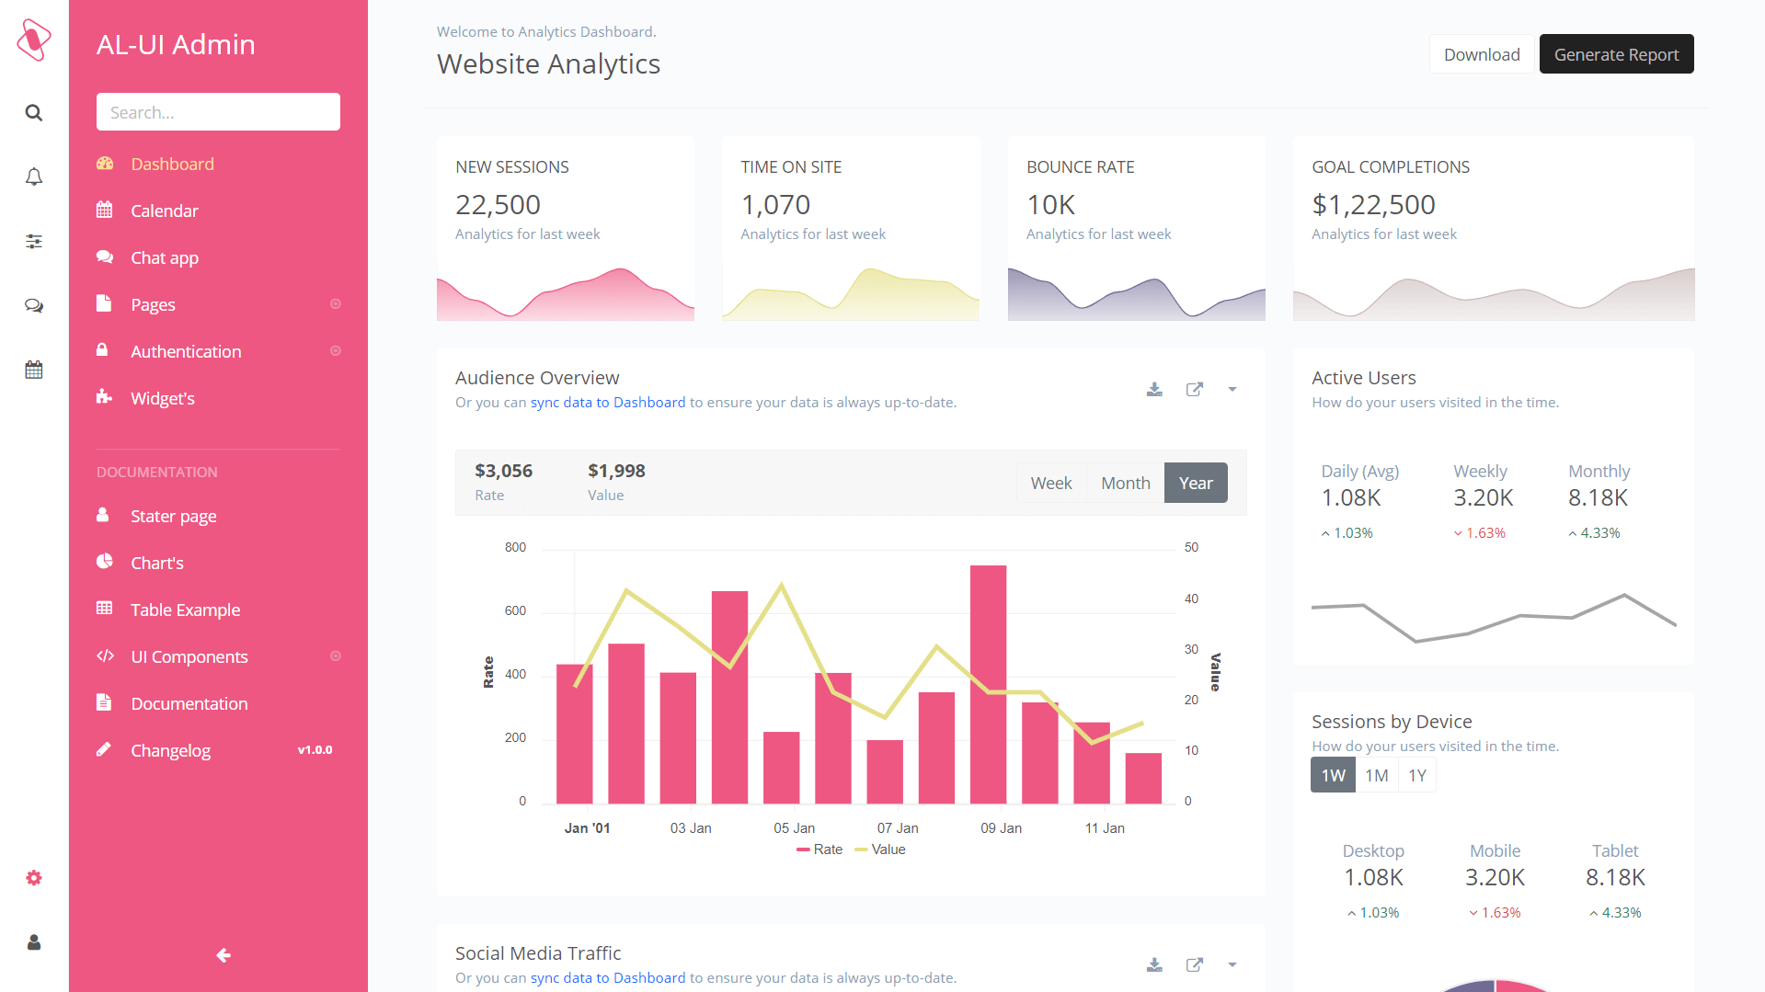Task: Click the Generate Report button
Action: [1616, 54]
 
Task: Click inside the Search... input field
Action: [218, 112]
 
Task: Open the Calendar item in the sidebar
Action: [164, 211]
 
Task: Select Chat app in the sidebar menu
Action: [164, 257]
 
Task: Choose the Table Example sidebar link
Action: [185, 610]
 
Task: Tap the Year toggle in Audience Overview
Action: [1195, 483]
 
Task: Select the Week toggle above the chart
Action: [1050, 483]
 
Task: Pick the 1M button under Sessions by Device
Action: [1376, 775]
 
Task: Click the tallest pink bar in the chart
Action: [988, 684]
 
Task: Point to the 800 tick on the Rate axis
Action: [515, 547]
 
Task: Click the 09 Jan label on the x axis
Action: [1001, 828]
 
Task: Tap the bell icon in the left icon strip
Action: [34, 177]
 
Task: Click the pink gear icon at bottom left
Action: [34, 878]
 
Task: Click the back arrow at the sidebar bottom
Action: [223, 955]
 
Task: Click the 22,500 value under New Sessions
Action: [498, 204]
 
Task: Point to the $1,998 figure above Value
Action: [616, 471]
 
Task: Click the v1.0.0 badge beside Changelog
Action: [315, 750]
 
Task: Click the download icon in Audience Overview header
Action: [1154, 389]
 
